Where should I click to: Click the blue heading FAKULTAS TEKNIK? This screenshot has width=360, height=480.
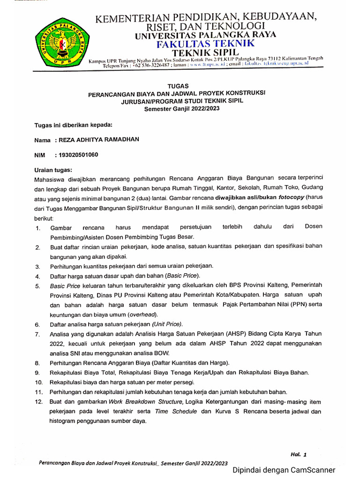(x=205, y=44)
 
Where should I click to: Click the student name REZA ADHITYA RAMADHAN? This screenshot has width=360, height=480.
(x=99, y=140)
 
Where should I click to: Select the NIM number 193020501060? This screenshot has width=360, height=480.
(x=78, y=155)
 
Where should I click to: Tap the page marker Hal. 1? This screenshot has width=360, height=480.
(x=298, y=454)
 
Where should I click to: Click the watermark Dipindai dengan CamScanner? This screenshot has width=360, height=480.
(x=284, y=470)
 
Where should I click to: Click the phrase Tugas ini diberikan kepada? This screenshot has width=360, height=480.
(x=74, y=125)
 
